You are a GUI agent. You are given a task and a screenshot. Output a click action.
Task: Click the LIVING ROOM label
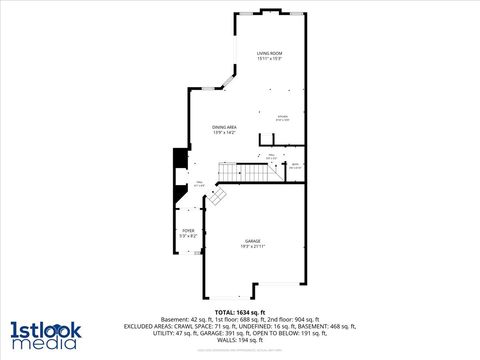click(x=268, y=53)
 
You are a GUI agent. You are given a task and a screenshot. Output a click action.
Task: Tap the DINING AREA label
click(x=224, y=126)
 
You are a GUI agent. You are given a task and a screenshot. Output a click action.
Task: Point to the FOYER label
click(x=188, y=230)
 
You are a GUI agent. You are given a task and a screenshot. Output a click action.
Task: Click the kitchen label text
click(x=283, y=116)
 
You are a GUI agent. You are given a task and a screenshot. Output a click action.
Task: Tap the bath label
click(x=295, y=166)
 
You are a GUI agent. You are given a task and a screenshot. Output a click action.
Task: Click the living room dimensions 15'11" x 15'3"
click(x=268, y=59)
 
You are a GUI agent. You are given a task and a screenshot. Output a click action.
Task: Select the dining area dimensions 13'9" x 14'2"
click(x=224, y=132)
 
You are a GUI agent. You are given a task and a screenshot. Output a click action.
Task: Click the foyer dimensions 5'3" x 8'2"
click(x=188, y=236)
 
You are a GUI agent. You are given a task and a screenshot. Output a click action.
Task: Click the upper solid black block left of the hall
click(x=179, y=160)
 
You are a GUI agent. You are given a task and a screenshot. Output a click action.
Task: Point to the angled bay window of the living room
click(x=232, y=79)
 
